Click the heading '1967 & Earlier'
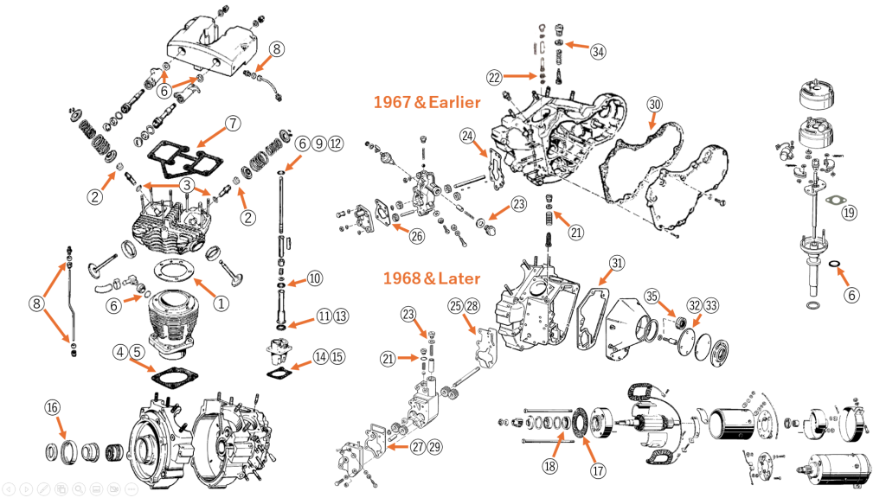427,102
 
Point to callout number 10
314,278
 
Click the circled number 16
52,406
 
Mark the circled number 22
494,78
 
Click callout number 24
467,136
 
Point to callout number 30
654,105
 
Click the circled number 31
615,263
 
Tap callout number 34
598,51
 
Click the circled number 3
186,184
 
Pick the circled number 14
321,355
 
